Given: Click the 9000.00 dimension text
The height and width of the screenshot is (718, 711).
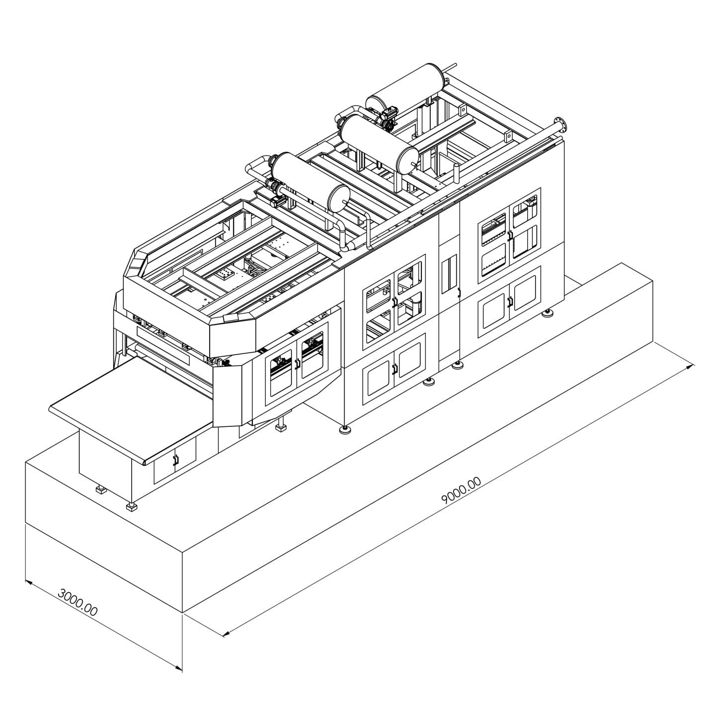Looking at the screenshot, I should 461,491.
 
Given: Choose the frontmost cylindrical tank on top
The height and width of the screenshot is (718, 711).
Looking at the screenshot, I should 309,179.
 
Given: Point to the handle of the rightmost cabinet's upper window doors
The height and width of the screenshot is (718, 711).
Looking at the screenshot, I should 509,235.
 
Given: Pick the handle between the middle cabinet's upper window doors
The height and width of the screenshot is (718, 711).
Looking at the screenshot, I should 394,302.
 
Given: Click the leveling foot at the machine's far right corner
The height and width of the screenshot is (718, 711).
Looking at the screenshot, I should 548,314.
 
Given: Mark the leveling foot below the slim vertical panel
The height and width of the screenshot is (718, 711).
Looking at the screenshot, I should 456,365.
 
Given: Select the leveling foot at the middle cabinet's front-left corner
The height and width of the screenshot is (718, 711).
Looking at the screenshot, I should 343,429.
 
